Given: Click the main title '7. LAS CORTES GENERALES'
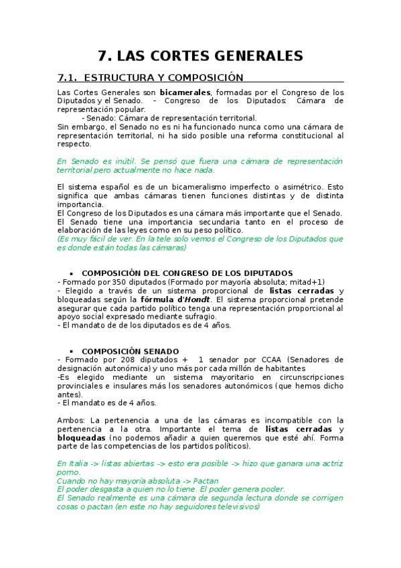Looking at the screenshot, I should [200, 56].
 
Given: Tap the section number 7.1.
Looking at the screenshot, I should [69, 78].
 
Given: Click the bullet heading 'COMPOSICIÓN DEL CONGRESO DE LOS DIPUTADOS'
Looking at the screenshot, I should [187, 273].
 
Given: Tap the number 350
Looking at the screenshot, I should [110, 282].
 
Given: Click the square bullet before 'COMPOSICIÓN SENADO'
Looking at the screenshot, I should [71, 351].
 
